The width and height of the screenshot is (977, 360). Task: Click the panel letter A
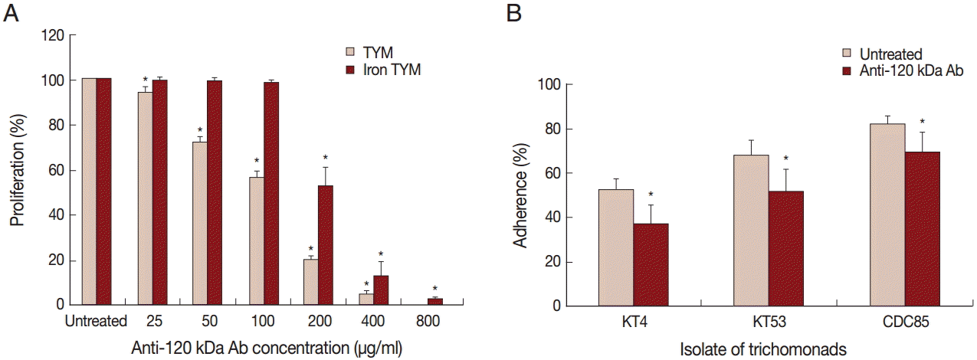11,13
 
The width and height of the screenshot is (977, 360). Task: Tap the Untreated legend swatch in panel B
847,54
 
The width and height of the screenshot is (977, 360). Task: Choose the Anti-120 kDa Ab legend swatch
847,70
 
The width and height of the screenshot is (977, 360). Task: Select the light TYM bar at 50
199,223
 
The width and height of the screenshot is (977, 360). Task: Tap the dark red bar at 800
436,302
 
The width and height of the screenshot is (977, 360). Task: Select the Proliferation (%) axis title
15,170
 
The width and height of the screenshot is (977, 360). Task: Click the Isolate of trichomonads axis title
762,349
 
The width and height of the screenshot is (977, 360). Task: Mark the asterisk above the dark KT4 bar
650,195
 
